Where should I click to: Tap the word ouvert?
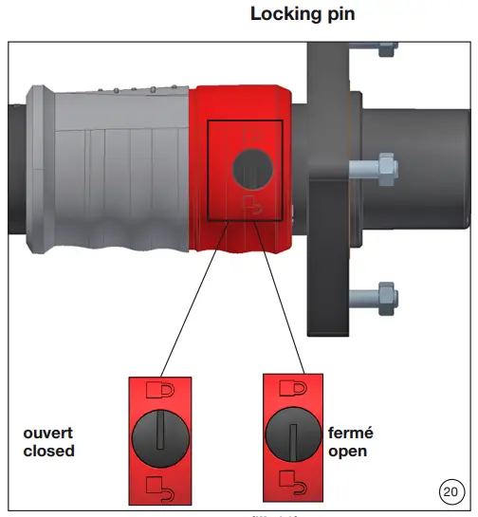click(49, 433)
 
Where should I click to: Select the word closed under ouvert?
click(48, 451)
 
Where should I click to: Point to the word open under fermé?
click(347, 451)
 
